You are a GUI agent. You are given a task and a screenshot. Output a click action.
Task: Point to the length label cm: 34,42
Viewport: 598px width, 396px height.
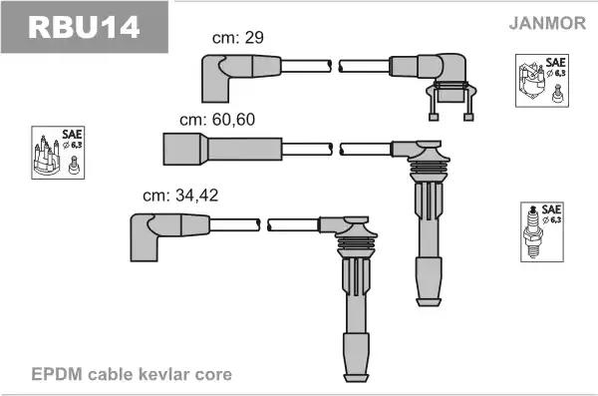[x=180, y=195]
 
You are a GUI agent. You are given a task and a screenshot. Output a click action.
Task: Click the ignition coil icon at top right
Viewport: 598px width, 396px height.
[x=539, y=80]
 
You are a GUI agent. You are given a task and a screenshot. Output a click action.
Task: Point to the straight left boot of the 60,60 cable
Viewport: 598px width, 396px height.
[x=184, y=149]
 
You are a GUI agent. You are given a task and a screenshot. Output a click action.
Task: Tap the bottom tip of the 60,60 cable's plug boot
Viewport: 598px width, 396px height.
[x=430, y=299]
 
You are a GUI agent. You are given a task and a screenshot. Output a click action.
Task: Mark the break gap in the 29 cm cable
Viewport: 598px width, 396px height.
[x=335, y=67]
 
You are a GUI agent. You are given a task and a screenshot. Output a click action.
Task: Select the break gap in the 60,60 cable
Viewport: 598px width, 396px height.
[x=335, y=149]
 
